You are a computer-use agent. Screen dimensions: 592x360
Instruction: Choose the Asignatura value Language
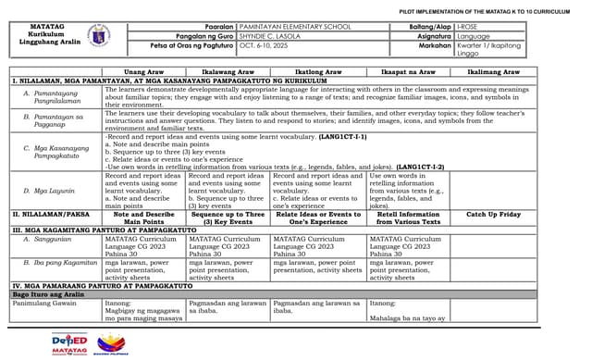tap(474, 35)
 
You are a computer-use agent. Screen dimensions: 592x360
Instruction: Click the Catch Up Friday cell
tap(493, 214)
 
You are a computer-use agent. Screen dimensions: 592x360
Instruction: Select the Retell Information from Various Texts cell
tap(407, 217)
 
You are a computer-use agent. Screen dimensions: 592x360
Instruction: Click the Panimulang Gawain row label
tap(44, 302)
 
